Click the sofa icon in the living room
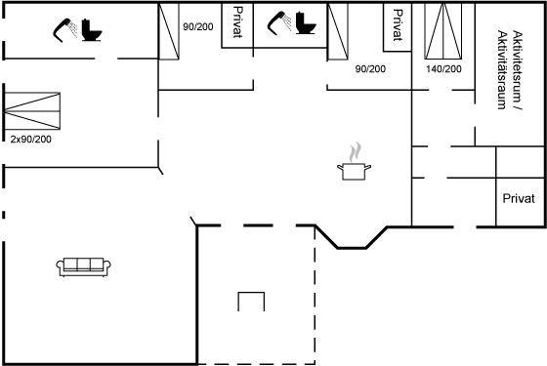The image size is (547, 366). click(x=83, y=267)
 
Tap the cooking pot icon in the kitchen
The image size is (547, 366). click(x=354, y=171)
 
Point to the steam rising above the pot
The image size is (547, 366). click(x=356, y=152)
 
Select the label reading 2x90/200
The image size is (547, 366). click(x=30, y=140)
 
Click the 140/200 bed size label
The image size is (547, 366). click(x=443, y=69)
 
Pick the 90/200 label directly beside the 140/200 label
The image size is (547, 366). click(x=370, y=69)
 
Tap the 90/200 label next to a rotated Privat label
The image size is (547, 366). click(x=198, y=27)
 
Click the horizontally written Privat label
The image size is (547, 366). click(x=519, y=198)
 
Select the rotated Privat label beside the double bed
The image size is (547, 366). click(x=398, y=25)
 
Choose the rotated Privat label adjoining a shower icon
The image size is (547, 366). click(x=237, y=21)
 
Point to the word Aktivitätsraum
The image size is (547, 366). click(x=502, y=70)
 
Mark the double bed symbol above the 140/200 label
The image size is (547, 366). click(x=443, y=31)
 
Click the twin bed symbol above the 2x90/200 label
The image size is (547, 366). click(x=32, y=111)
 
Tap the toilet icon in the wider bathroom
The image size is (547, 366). click(x=92, y=30)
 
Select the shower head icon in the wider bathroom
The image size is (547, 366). click(x=65, y=30)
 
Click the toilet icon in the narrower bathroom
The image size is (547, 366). click(x=306, y=23)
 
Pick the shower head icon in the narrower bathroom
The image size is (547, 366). click(x=279, y=23)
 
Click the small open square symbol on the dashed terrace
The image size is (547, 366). click(x=251, y=302)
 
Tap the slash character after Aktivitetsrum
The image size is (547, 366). click(x=518, y=107)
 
